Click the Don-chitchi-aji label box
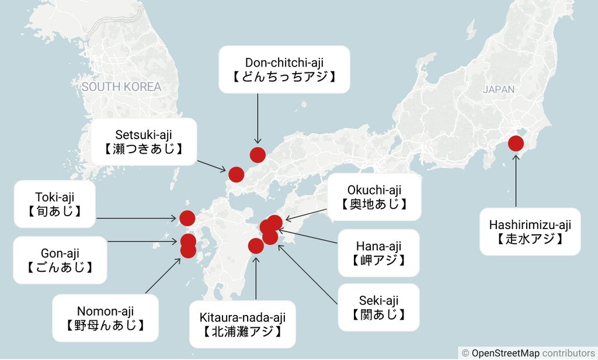coord(284,69)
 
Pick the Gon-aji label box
coord(60,260)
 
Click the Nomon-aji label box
coord(105,318)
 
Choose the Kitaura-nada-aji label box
coord(242,325)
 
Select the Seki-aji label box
coord(378,307)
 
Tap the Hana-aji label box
coord(378,253)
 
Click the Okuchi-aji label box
coord(374,197)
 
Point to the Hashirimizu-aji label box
coord(530,231)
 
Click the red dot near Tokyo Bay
coord(516,143)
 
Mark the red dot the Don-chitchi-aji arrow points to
coord(258,155)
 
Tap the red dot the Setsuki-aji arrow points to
coord(236,174)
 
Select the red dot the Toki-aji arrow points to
coord(187,219)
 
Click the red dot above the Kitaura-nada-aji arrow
coord(256,246)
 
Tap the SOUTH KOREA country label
coord(121,87)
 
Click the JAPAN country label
coord(499,89)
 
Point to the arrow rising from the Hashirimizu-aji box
coord(516,181)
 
